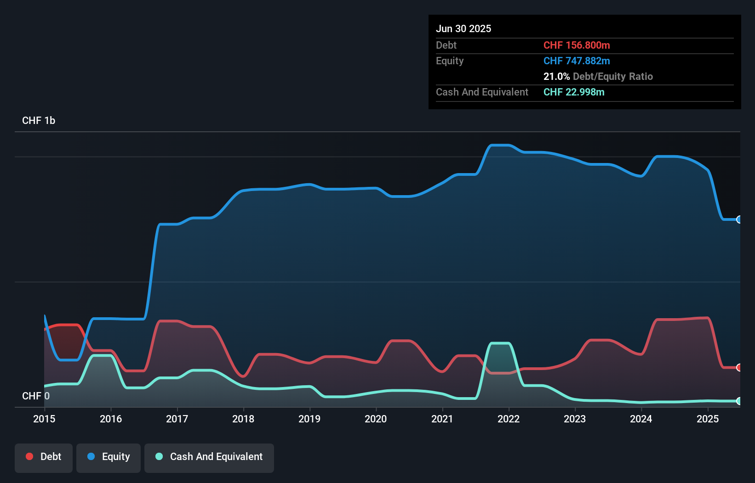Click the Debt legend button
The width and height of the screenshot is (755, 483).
pos(44,457)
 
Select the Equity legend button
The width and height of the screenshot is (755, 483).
pos(109,457)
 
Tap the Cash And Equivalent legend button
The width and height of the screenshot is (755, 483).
pos(209,457)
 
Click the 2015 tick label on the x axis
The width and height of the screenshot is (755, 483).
pos(44,419)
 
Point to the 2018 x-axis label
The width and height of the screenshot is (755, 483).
pos(243,419)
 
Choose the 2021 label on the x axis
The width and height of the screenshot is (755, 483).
pos(442,419)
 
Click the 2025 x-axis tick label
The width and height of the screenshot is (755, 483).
pos(708,419)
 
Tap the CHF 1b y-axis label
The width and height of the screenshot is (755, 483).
pos(39,120)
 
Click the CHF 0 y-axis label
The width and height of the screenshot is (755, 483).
pos(36,396)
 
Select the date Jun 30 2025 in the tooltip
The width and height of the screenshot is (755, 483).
pos(463,28)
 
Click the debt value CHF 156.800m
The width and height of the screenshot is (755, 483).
pos(577,45)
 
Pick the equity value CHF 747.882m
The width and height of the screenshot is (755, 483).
pos(577,61)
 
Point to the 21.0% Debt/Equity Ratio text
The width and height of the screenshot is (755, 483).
pos(598,76)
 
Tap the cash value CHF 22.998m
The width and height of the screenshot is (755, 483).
pos(574,92)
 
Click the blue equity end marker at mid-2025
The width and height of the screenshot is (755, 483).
pos(739,219)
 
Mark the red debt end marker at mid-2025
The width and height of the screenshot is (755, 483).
pos(739,367)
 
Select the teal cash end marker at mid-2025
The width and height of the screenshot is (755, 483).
pos(739,401)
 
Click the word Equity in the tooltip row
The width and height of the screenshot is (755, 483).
pos(450,61)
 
